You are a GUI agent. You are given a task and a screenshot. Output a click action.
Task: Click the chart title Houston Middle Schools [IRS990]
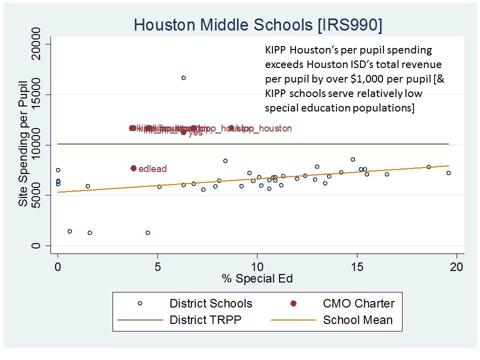257,25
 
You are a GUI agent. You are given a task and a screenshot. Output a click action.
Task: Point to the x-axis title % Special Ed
257,279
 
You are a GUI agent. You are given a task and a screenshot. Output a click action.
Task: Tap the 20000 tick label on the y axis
37,44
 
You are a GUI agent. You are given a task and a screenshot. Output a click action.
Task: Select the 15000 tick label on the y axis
37,94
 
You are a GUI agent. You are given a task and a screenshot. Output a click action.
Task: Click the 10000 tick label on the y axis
37,145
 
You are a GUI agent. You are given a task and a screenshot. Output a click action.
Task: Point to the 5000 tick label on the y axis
37,195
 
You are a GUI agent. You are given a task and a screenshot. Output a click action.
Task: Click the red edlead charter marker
133,168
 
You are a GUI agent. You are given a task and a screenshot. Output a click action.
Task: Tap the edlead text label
152,169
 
